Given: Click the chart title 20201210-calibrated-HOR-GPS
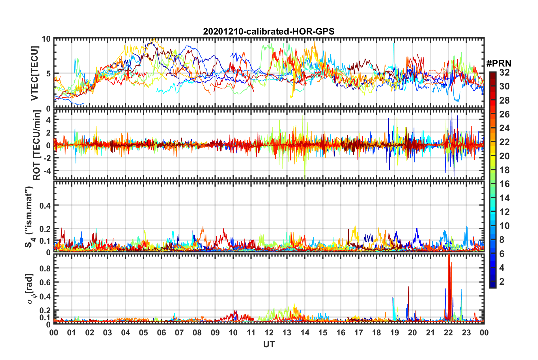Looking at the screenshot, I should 269,31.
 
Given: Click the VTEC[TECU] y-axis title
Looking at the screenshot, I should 35,73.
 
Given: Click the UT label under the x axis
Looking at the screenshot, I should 269,344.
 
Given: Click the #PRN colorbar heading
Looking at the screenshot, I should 498,63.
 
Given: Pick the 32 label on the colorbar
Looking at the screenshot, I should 504,72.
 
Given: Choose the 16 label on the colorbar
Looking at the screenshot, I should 504,184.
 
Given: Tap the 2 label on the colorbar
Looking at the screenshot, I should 502,281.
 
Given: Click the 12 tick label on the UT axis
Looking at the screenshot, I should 269,333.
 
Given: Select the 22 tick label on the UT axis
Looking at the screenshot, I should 448,333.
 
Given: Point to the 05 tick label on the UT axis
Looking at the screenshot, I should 143,333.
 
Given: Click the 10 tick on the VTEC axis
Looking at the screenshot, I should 46,39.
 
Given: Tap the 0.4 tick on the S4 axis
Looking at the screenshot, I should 45,205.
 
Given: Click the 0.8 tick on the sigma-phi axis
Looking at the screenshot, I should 45,268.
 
